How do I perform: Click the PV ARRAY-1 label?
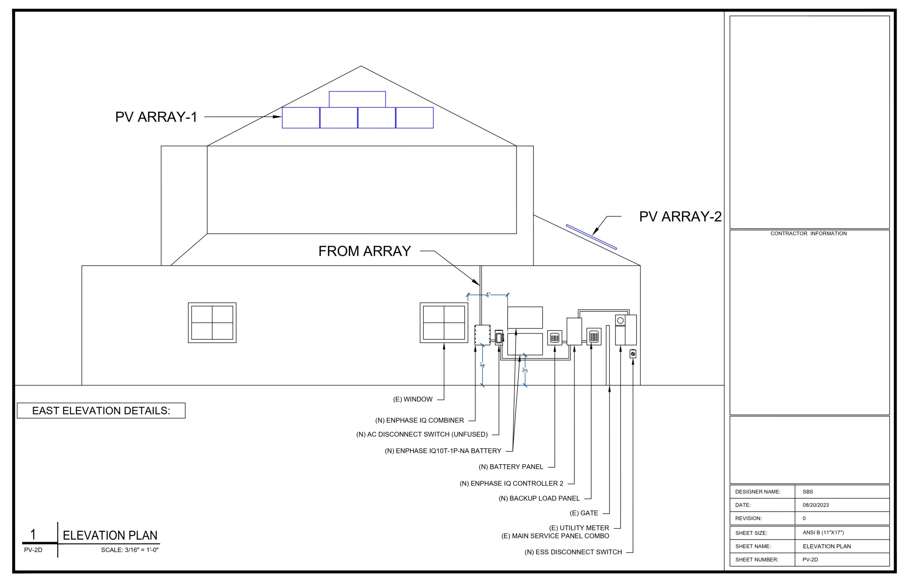pyautogui.click(x=156, y=117)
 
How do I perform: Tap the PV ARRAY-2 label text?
pyautogui.click(x=679, y=217)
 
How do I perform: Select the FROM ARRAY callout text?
pyautogui.click(x=364, y=251)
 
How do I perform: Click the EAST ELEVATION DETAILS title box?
pyautogui.click(x=101, y=410)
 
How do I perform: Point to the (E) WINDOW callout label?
pyautogui.click(x=413, y=399)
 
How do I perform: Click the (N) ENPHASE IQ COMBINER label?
pyautogui.click(x=419, y=420)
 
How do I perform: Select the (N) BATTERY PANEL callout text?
pyautogui.click(x=510, y=467)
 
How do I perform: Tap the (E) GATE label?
pyautogui.click(x=583, y=513)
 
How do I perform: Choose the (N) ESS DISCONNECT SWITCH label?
pyautogui.click(x=573, y=552)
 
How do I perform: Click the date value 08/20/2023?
pyautogui.click(x=815, y=505)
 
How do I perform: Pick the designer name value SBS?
pyautogui.click(x=808, y=492)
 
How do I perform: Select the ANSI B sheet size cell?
pyautogui.click(x=823, y=533)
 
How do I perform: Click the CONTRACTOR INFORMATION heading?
pyautogui.click(x=808, y=234)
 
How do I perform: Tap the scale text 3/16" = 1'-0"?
pyautogui.click(x=130, y=550)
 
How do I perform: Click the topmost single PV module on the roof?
pyautogui.click(x=357, y=99)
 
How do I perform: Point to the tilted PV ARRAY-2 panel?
pyautogui.click(x=591, y=237)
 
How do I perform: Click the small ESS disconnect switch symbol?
pyautogui.click(x=632, y=354)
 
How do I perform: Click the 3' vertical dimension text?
pyautogui.click(x=525, y=370)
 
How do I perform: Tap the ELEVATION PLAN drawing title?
pyautogui.click(x=110, y=536)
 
